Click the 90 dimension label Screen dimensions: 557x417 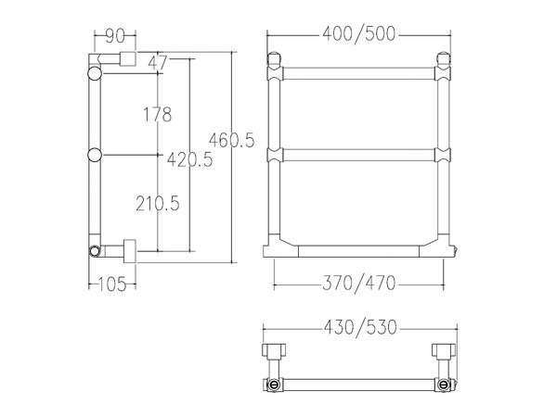(x=115, y=35)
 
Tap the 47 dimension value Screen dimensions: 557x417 (x=158, y=63)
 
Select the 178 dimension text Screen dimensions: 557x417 (x=158, y=115)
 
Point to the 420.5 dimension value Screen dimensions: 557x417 (x=189, y=159)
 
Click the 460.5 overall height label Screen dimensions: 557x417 (x=231, y=140)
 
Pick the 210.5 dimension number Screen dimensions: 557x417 (x=158, y=204)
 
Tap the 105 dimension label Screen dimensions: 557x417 (x=112, y=284)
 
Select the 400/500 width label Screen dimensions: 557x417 (x=358, y=34)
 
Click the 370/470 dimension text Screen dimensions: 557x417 (x=358, y=284)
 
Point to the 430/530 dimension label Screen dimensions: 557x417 (x=360, y=327)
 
